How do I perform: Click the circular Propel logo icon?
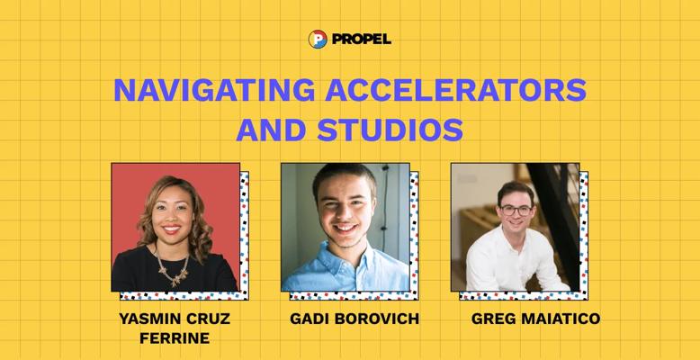318,40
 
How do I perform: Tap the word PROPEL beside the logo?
362,40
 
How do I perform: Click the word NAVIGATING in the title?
214,90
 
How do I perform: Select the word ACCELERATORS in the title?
455,90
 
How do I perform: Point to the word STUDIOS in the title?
390,130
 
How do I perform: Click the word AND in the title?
271,130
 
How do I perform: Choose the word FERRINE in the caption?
175,338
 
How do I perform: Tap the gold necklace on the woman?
173,268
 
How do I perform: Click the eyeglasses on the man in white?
516,210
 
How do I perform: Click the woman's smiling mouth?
172,229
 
